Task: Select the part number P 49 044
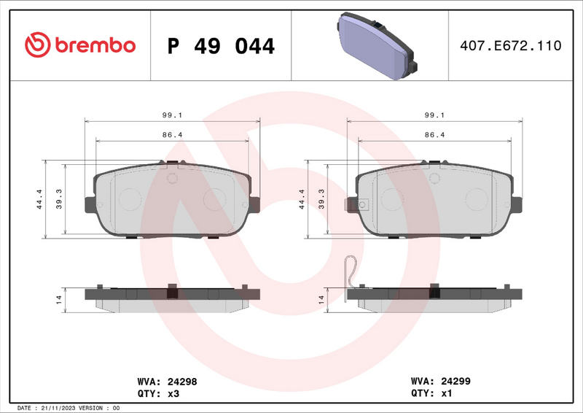click(x=221, y=46)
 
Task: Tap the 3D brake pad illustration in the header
click(x=375, y=47)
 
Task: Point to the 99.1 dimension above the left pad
click(x=172, y=115)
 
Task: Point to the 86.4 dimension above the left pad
click(x=172, y=135)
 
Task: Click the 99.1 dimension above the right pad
click(x=435, y=115)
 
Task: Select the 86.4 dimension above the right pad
click(x=435, y=135)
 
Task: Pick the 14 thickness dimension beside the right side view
click(x=321, y=299)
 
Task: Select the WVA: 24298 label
click(x=167, y=381)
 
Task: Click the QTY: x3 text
click(x=158, y=393)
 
